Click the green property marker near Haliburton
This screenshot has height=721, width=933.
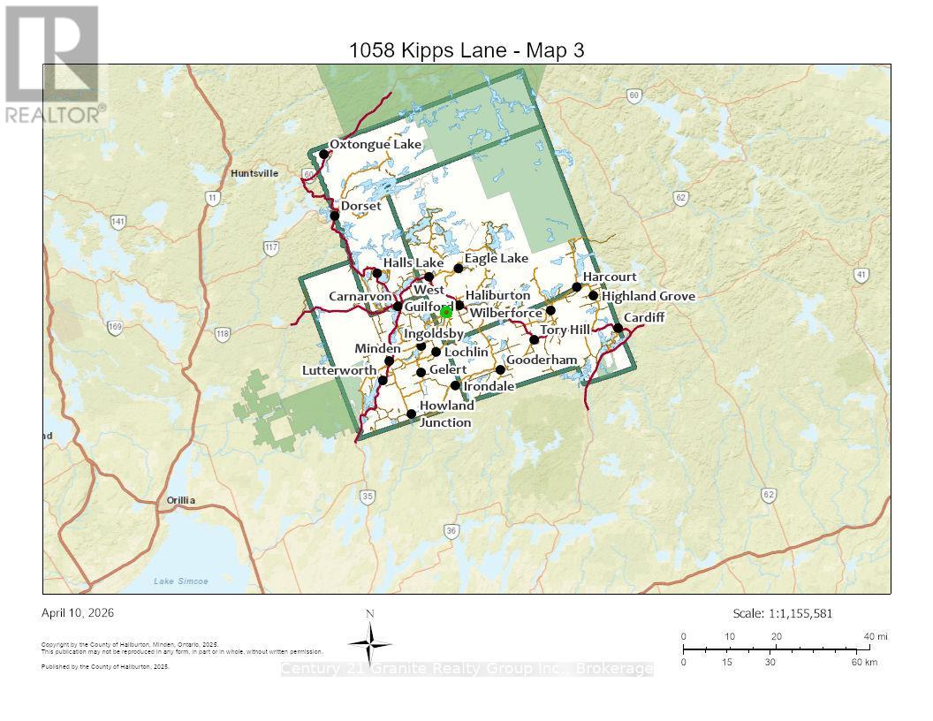tap(446, 312)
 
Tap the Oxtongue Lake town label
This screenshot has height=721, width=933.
tap(375, 144)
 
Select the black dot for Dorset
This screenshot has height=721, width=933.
tap(335, 216)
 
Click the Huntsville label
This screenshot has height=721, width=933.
tap(254, 173)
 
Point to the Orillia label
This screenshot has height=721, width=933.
tap(181, 500)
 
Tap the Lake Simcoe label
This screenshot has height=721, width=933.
tap(180, 581)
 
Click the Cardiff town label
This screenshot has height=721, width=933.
tap(643, 317)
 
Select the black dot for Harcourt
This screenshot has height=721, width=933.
tap(577, 287)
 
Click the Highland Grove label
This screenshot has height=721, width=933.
tap(649, 296)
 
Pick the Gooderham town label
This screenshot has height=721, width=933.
tap(542, 360)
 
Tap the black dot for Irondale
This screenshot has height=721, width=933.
tap(456, 385)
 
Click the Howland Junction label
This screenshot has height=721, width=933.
tap(446, 414)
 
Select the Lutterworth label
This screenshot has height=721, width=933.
tap(339, 370)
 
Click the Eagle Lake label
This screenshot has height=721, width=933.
tap(497, 258)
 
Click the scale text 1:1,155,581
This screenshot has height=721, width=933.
tap(782, 613)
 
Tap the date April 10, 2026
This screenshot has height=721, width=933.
tap(78, 612)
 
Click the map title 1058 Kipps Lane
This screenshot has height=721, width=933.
tap(466, 50)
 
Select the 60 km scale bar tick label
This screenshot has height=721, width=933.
tap(863, 662)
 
